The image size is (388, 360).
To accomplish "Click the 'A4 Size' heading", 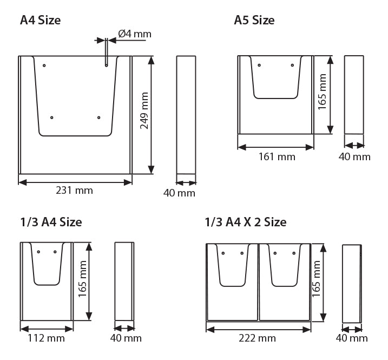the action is click(41, 20).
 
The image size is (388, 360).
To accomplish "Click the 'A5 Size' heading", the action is click(254, 20).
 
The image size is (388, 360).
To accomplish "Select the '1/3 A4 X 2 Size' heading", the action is click(246, 222).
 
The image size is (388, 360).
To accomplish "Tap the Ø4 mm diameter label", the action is click(135, 34).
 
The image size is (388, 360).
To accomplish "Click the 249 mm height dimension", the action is click(144, 110).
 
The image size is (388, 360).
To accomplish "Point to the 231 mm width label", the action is click(74, 191).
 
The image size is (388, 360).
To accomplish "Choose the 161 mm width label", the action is click(277, 157).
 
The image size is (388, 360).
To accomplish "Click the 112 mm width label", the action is click(47, 338).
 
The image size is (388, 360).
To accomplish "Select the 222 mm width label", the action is click(257, 338).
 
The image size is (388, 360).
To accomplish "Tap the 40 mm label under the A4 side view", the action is click(179, 193).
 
